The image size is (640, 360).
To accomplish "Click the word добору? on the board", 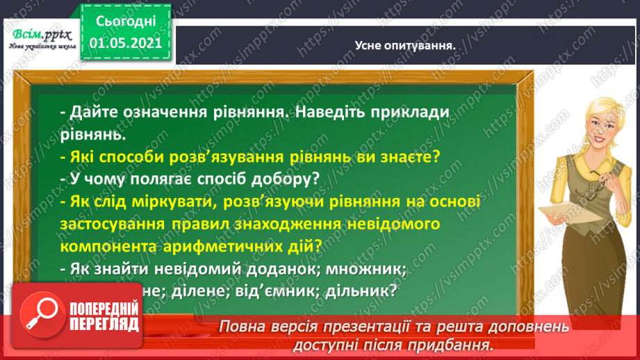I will (x=287, y=179).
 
